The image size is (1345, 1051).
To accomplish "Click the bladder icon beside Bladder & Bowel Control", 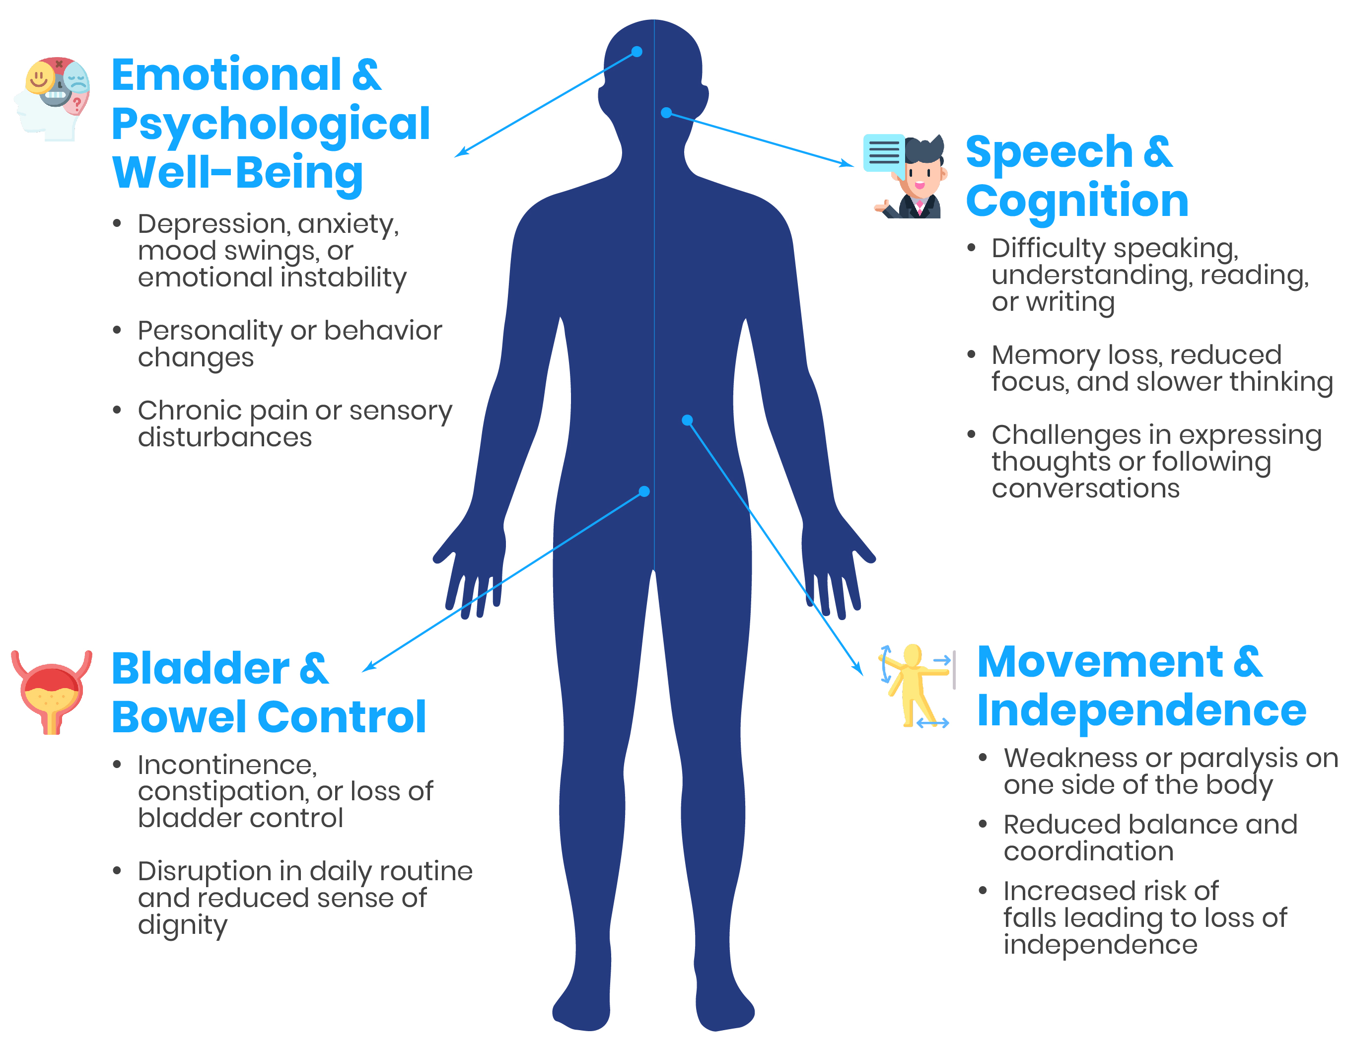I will tap(52, 692).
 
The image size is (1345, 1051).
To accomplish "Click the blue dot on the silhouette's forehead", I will tap(637, 52).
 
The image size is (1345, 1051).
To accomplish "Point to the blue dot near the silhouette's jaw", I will tap(666, 113).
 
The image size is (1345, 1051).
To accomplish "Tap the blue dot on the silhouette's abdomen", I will tap(687, 420).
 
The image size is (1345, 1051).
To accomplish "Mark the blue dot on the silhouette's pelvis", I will tap(644, 491).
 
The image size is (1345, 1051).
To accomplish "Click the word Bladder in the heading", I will tap(200, 669).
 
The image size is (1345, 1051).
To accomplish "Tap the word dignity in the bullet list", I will tap(182, 925).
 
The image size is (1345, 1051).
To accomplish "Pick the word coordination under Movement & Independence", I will tap(1088, 851).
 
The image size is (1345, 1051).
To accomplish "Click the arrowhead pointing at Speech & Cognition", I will tap(848, 164).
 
